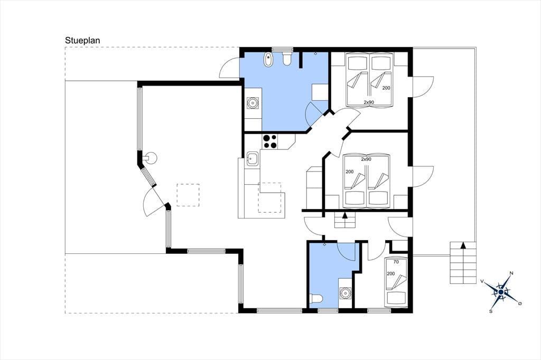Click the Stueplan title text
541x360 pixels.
coord(82,41)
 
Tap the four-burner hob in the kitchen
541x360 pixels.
coord(270,141)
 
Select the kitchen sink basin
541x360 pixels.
coord(253,159)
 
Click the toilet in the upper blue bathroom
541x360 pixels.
coord(286,59)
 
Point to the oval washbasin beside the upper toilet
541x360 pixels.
coord(268,60)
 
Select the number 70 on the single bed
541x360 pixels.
coord(396,262)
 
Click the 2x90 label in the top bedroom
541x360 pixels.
coord(369,102)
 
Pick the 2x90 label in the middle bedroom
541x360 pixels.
coord(366,159)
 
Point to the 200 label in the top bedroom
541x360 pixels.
coord(386,88)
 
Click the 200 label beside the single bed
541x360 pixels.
coord(391,274)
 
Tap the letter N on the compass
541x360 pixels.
coord(511,273)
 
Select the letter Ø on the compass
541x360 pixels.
coord(520,304)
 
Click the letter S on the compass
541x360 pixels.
coord(491,311)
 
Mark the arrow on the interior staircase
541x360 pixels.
coord(344,216)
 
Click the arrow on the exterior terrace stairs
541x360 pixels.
coord(463,246)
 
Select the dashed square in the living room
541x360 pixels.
coord(188,195)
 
